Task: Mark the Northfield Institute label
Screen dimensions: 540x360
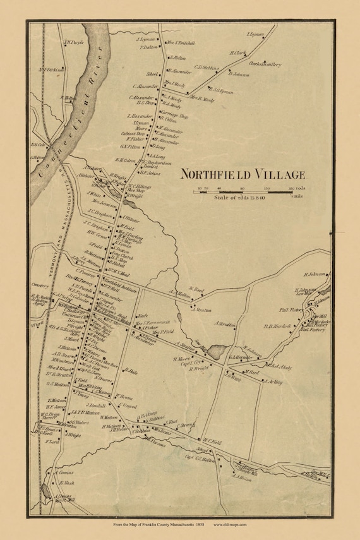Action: (120, 283)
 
